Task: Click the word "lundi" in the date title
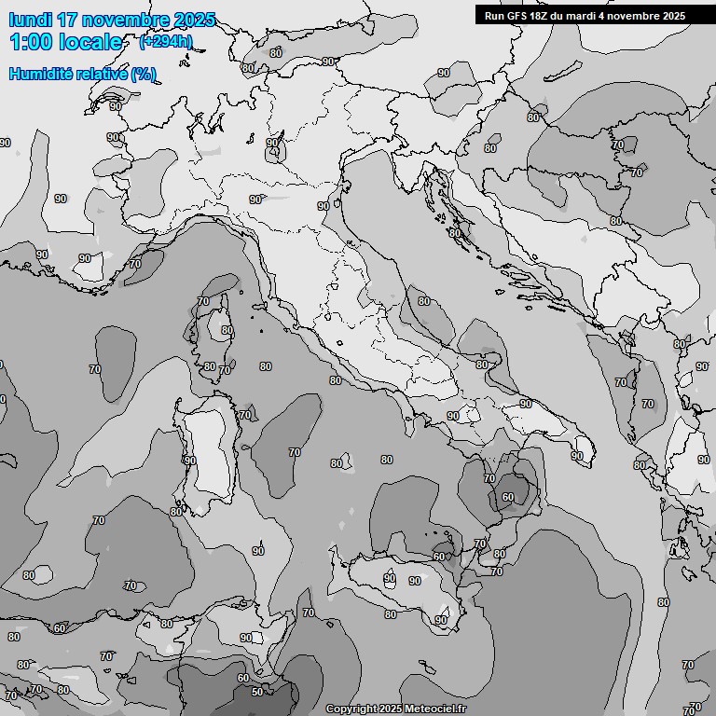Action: coord(30,20)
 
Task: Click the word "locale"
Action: coord(93,42)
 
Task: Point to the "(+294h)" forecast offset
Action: coord(166,41)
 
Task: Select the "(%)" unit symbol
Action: coord(144,74)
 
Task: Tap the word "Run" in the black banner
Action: coord(494,16)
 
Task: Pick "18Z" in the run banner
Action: coord(540,16)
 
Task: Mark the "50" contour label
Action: coord(257,691)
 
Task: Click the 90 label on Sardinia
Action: coord(190,461)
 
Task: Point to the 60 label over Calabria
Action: coord(508,497)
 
